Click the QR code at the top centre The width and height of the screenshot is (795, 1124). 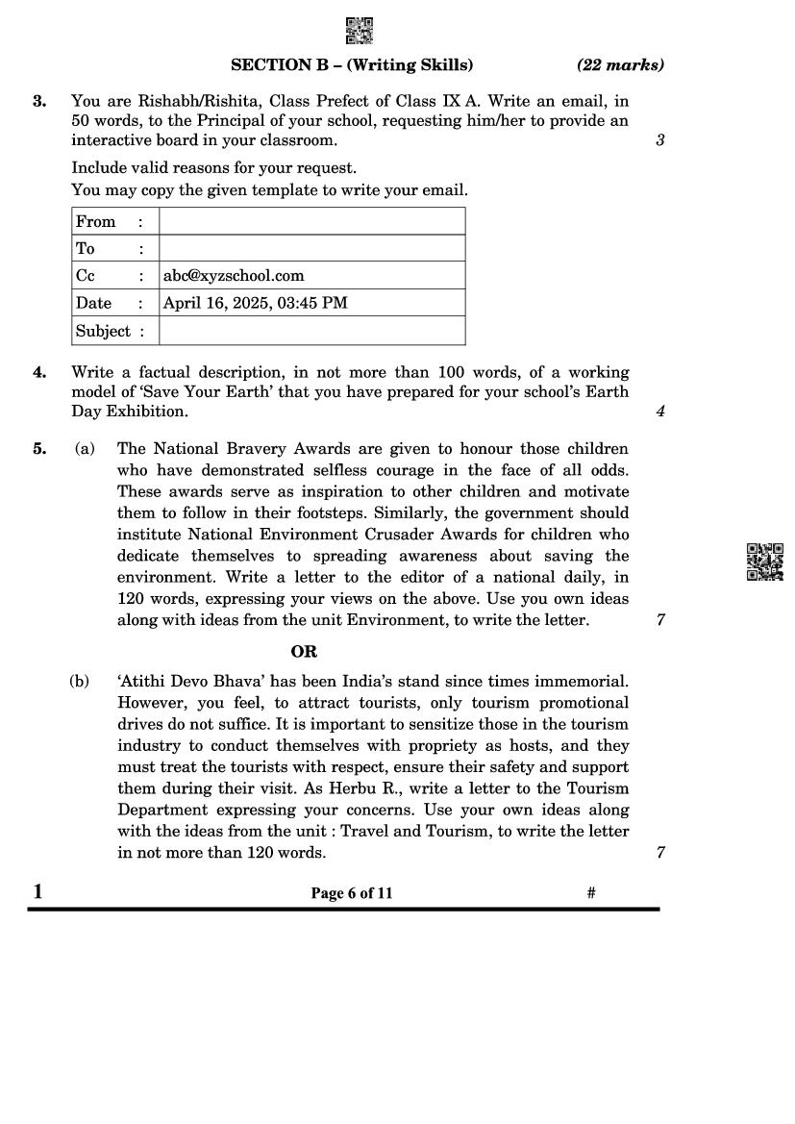(359, 31)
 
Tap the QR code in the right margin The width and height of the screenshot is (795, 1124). (764, 562)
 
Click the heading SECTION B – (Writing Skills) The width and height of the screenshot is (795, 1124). (352, 65)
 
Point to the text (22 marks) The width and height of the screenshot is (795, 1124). (620, 65)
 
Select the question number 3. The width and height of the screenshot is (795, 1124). (39, 100)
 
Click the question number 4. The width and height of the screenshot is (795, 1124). (39, 372)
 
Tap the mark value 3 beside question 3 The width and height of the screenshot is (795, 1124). (660, 140)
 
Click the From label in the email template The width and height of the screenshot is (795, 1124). (96, 221)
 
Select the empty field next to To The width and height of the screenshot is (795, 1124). (311, 248)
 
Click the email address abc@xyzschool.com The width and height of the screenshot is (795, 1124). (234, 276)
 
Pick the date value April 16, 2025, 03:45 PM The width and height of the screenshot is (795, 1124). (256, 303)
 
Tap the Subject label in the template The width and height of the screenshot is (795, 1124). (103, 331)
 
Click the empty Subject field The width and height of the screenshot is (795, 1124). (311, 331)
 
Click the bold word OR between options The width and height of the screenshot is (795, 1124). (304, 651)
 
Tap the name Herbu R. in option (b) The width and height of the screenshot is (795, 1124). (288, 788)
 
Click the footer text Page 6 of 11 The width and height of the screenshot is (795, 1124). (352, 893)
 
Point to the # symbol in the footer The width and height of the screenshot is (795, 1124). (591, 893)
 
